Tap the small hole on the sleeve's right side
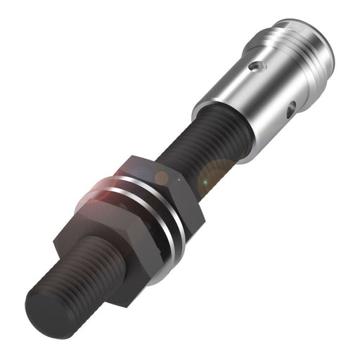290,108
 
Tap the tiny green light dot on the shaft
205,184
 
